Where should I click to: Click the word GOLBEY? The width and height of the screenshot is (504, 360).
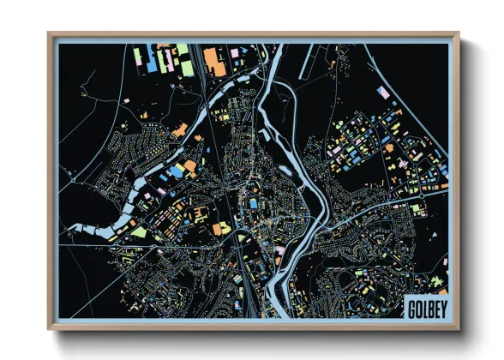click(x=424, y=308)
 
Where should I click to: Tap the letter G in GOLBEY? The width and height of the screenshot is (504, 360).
click(x=410, y=308)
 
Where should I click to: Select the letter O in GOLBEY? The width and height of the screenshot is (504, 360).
click(x=416, y=308)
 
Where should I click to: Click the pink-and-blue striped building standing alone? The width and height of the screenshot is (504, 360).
click(x=384, y=92)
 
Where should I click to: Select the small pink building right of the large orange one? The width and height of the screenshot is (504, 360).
click(x=232, y=53)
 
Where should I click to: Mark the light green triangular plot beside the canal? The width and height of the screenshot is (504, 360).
click(x=137, y=231)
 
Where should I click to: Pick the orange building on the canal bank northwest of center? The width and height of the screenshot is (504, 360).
click(x=179, y=130)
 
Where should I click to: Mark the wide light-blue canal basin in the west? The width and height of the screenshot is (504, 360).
click(x=94, y=230)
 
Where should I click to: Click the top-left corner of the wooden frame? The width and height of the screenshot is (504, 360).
click(x=49, y=33)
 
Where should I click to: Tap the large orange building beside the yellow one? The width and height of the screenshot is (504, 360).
click(x=220, y=229)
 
